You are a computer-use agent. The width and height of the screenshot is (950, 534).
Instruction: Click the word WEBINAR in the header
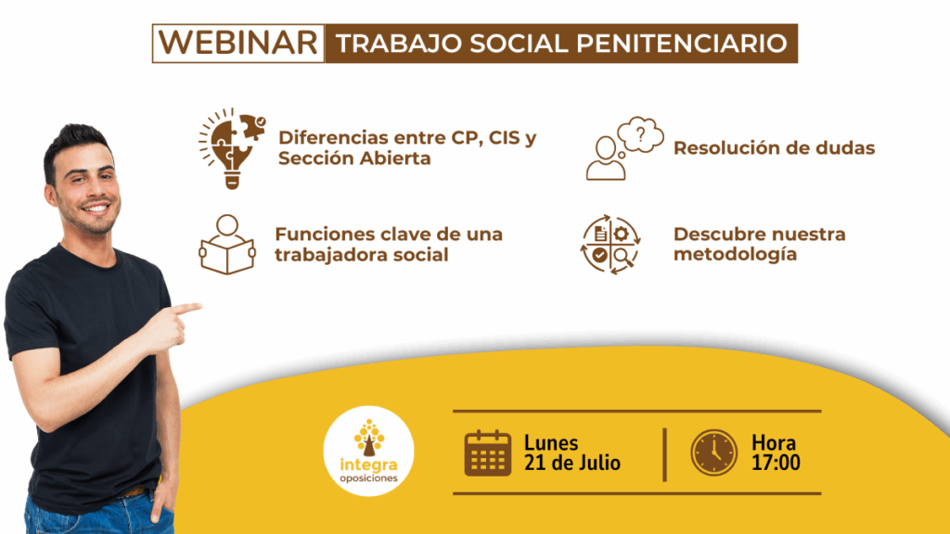[x=238, y=43]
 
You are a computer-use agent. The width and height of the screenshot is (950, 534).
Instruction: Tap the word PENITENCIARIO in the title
[x=682, y=44]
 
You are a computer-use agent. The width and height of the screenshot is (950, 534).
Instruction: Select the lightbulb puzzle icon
[x=232, y=148]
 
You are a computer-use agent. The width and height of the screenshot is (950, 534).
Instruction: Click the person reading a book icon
[x=227, y=244]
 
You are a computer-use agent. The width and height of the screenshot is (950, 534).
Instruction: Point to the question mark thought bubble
[x=640, y=133]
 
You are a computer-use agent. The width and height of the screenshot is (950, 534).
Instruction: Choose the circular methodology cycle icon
[x=610, y=245]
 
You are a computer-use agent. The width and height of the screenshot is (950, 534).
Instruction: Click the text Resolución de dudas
[x=775, y=147]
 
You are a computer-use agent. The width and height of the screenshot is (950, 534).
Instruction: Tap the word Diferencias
[x=333, y=137]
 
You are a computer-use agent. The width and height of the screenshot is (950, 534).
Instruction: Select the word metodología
[x=736, y=254]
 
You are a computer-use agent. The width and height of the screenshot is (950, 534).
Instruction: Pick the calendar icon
[x=488, y=452]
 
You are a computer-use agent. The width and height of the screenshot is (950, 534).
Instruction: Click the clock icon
[x=713, y=452]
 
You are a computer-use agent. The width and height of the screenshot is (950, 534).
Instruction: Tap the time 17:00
[x=776, y=464]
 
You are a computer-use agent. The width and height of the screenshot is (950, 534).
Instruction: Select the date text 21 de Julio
[x=571, y=464]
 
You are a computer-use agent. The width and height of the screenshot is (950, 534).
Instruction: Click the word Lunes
[x=551, y=443]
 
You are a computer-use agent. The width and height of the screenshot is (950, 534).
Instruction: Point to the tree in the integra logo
[x=369, y=438]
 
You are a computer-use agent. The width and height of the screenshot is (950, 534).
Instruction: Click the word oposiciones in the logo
[x=369, y=478]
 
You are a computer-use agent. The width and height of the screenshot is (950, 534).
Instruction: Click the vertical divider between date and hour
[x=664, y=454]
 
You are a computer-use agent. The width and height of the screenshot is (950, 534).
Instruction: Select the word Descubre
[x=716, y=235]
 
